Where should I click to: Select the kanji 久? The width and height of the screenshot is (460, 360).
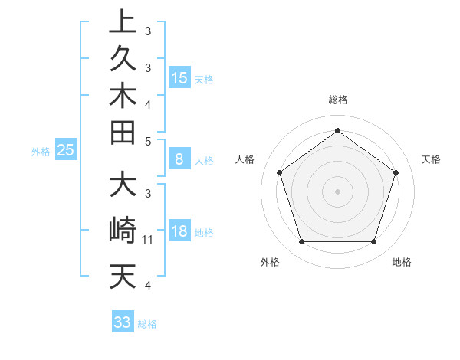click(123, 60)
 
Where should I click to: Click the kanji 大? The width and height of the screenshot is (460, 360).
click(123, 186)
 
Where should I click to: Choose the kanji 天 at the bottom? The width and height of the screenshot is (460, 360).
click(123, 276)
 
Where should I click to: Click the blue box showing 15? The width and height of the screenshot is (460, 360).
click(179, 78)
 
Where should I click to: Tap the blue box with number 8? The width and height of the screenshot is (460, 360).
click(179, 160)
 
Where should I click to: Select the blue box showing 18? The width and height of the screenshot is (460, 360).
click(179, 232)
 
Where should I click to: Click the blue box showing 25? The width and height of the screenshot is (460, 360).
click(66, 151)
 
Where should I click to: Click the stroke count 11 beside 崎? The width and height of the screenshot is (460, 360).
click(149, 240)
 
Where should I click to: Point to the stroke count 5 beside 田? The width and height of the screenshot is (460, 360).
click(148, 141)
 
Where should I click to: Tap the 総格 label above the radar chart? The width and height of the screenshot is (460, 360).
click(337, 100)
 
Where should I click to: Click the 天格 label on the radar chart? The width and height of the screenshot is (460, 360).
click(431, 159)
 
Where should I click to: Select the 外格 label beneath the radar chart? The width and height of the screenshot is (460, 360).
click(270, 262)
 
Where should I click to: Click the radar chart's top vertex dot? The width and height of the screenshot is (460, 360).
click(337, 130)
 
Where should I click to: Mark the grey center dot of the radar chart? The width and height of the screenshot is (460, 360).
click(337, 191)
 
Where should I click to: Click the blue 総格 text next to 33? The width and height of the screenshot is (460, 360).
click(147, 324)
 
